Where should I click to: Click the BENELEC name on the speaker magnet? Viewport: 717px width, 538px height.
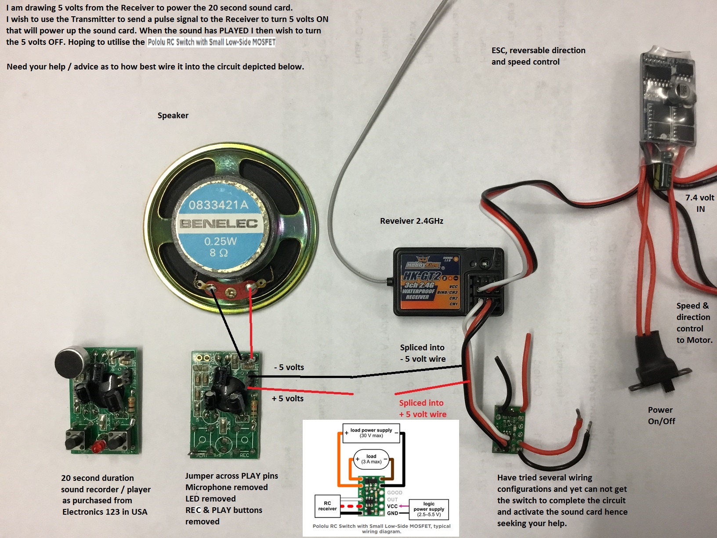tap(218, 224)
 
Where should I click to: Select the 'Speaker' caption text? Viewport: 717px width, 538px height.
tap(173, 116)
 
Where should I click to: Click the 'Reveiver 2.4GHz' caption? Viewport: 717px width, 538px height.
tap(411, 221)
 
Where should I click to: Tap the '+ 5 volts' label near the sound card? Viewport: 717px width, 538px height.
tap(288, 399)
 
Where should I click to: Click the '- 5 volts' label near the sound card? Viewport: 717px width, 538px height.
tap(289, 367)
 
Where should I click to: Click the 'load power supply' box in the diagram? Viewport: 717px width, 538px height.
tap(371, 433)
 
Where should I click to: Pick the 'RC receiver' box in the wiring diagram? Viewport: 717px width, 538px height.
tap(327, 506)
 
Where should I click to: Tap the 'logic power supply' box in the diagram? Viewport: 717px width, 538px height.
tap(429, 509)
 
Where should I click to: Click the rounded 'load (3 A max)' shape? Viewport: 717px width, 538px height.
tap(371, 459)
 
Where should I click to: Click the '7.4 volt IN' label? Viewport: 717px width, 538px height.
tap(699, 203)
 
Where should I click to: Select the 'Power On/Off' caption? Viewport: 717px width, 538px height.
tap(661, 415)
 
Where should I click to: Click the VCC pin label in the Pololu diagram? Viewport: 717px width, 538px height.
tap(392, 506)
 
